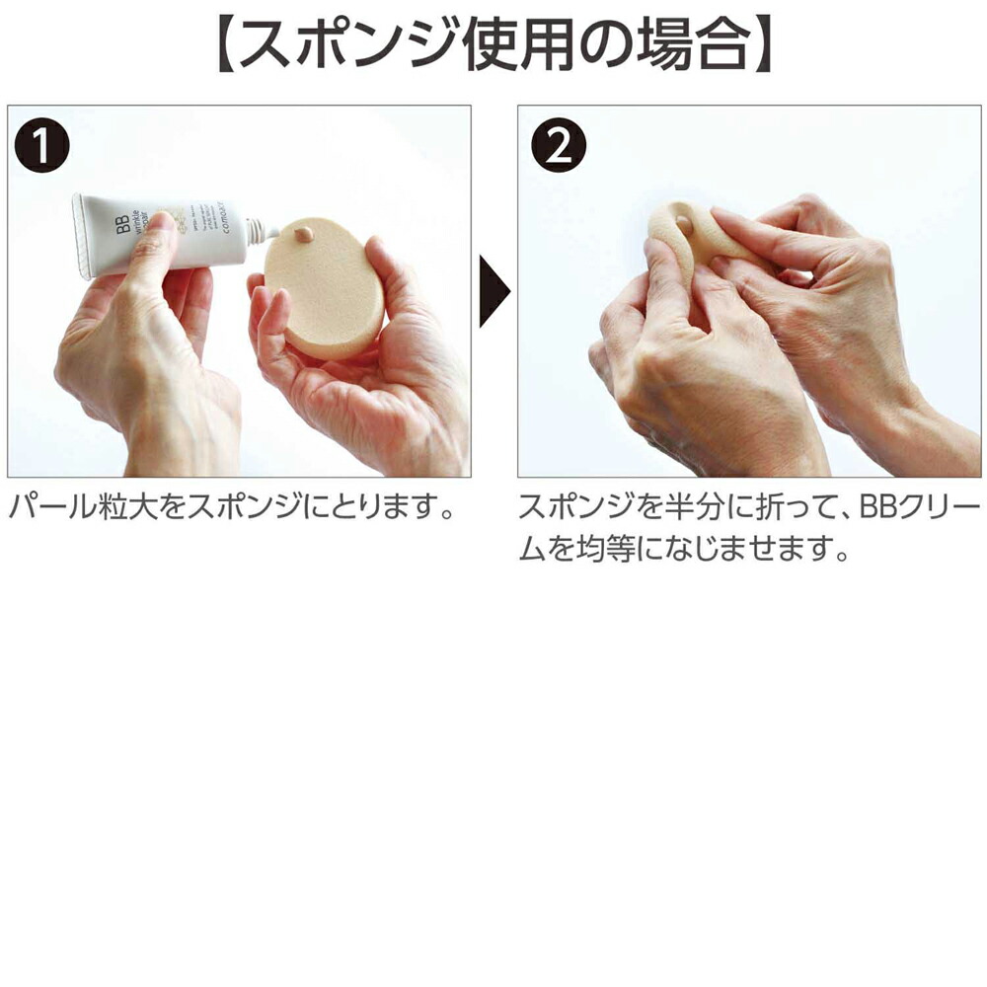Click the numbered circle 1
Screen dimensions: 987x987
(x=42, y=147)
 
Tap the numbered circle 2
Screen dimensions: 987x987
(x=558, y=147)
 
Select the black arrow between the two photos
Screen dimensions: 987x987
(x=494, y=292)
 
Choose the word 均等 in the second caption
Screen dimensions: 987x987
(x=602, y=549)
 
